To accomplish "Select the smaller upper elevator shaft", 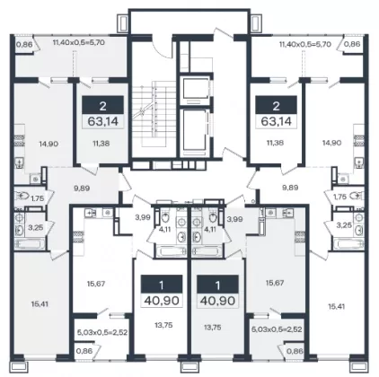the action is (195, 90).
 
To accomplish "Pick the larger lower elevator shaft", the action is (195, 132).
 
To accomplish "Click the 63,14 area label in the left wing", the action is (103, 121).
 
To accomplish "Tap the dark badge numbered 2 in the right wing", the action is (276, 105).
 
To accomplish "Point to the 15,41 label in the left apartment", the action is (40, 304).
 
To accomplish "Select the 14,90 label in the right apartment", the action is (332, 143).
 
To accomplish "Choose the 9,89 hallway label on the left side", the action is (82, 188).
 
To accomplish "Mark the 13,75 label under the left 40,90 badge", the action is (164, 325).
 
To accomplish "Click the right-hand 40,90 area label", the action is (217, 301).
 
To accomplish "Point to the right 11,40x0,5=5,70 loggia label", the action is (305, 44).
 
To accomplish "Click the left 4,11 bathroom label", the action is (164, 230).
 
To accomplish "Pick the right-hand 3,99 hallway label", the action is (234, 219).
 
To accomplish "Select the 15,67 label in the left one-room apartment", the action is (96, 284).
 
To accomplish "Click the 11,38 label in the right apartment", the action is (275, 143).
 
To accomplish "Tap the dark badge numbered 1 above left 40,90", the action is (162, 285).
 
